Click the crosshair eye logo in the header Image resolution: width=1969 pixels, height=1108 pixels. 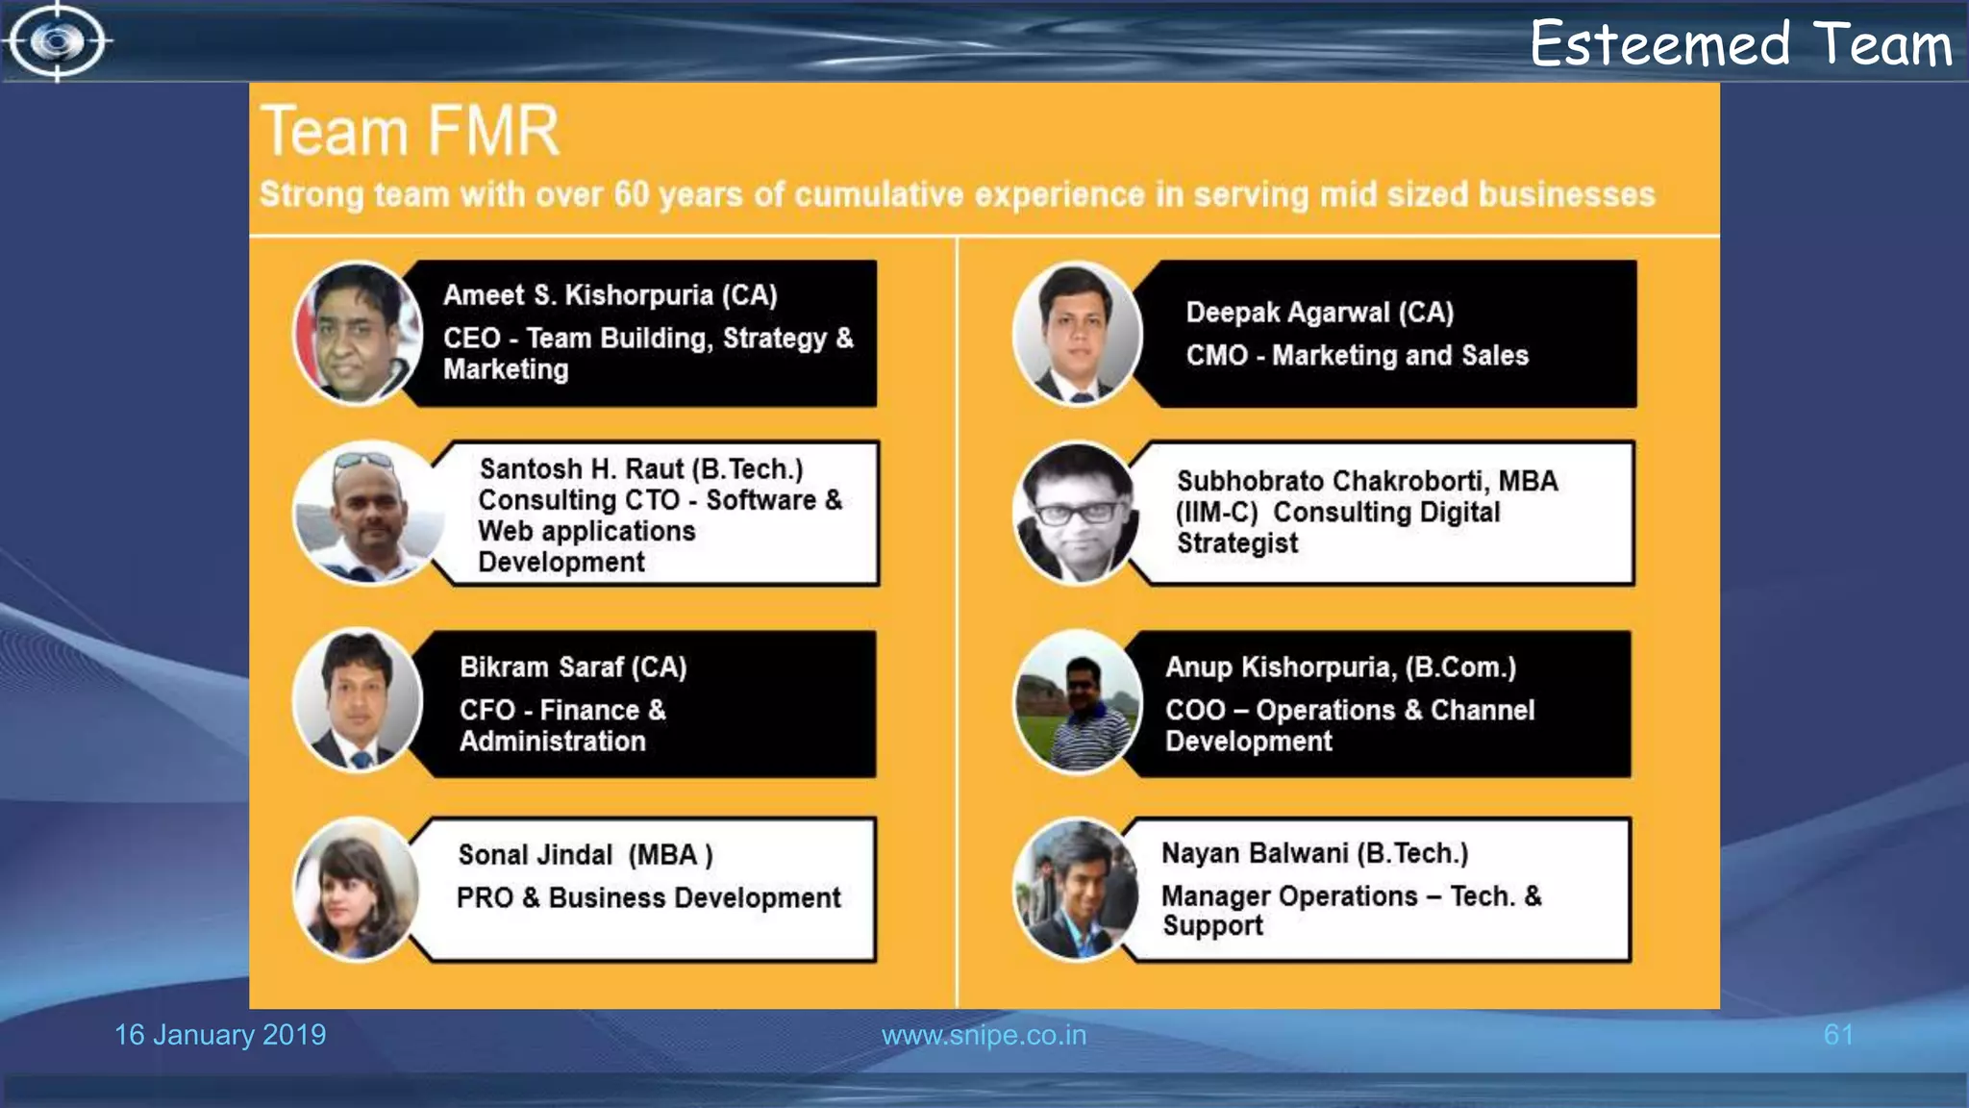coord(58,41)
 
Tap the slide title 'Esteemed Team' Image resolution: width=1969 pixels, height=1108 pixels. coord(1740,44)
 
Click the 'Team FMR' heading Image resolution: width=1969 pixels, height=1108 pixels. coord(410,131)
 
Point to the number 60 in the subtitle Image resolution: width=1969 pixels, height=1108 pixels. coord(632,194)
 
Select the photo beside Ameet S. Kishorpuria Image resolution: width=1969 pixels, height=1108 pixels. coord(357,333)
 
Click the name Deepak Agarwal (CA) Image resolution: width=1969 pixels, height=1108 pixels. coord(1319,313)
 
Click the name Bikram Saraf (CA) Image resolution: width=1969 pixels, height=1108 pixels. coord(573,667)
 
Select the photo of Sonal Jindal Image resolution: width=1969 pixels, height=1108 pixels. coord(356,890)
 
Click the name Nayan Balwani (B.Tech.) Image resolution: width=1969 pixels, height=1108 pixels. coord(1314,853)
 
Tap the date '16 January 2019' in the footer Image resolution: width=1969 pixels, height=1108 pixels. coord(220,1035)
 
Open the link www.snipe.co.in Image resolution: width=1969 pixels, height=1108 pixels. coord(984,1035)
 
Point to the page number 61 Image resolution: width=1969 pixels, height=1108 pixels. coord(1838,1035)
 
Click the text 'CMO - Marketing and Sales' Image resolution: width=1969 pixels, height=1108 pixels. coord(1357,356)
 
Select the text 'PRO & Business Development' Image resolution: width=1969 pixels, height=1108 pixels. coord(648,898)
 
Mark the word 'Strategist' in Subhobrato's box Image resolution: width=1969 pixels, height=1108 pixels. coord(1237,543)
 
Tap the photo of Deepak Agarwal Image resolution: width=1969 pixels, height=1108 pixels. coord(1077,333)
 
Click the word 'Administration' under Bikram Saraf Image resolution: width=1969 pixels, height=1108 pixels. coord(553,742)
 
